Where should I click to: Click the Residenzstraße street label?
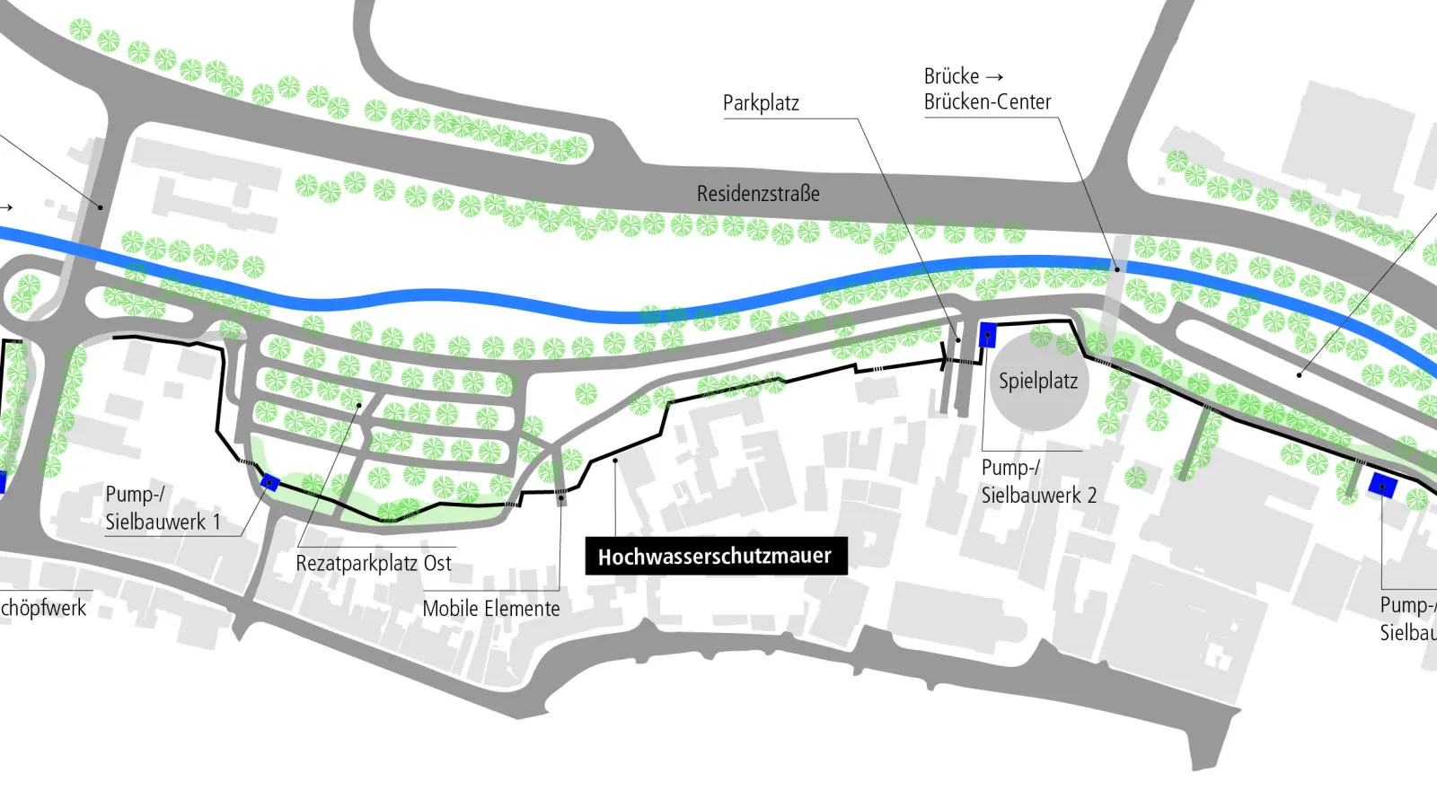pos(758,193)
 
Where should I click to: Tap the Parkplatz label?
pos(761,103)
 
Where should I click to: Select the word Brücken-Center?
pos(987,102)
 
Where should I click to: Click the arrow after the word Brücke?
pos(994,77)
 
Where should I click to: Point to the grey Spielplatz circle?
pos(1038,382)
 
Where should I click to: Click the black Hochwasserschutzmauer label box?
pos(716,557)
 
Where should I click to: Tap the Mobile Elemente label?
pos(491,609)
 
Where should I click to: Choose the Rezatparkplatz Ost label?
pos(374,564)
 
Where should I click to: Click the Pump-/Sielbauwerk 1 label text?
pos(162,508)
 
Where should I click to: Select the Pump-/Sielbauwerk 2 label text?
pos(1038,481)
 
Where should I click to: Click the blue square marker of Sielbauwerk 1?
pos(269,483)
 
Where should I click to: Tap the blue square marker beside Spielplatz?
pos(987,334)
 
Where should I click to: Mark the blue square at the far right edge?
pos(1382,486)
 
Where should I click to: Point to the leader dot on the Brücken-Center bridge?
pos(1117,268)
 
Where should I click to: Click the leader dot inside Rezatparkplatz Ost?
pos(358,405)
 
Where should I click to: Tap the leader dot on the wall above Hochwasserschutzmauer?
pos(615,461)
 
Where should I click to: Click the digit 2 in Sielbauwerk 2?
pos(1091,495)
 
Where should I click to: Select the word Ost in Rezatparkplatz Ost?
pos(437,564)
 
